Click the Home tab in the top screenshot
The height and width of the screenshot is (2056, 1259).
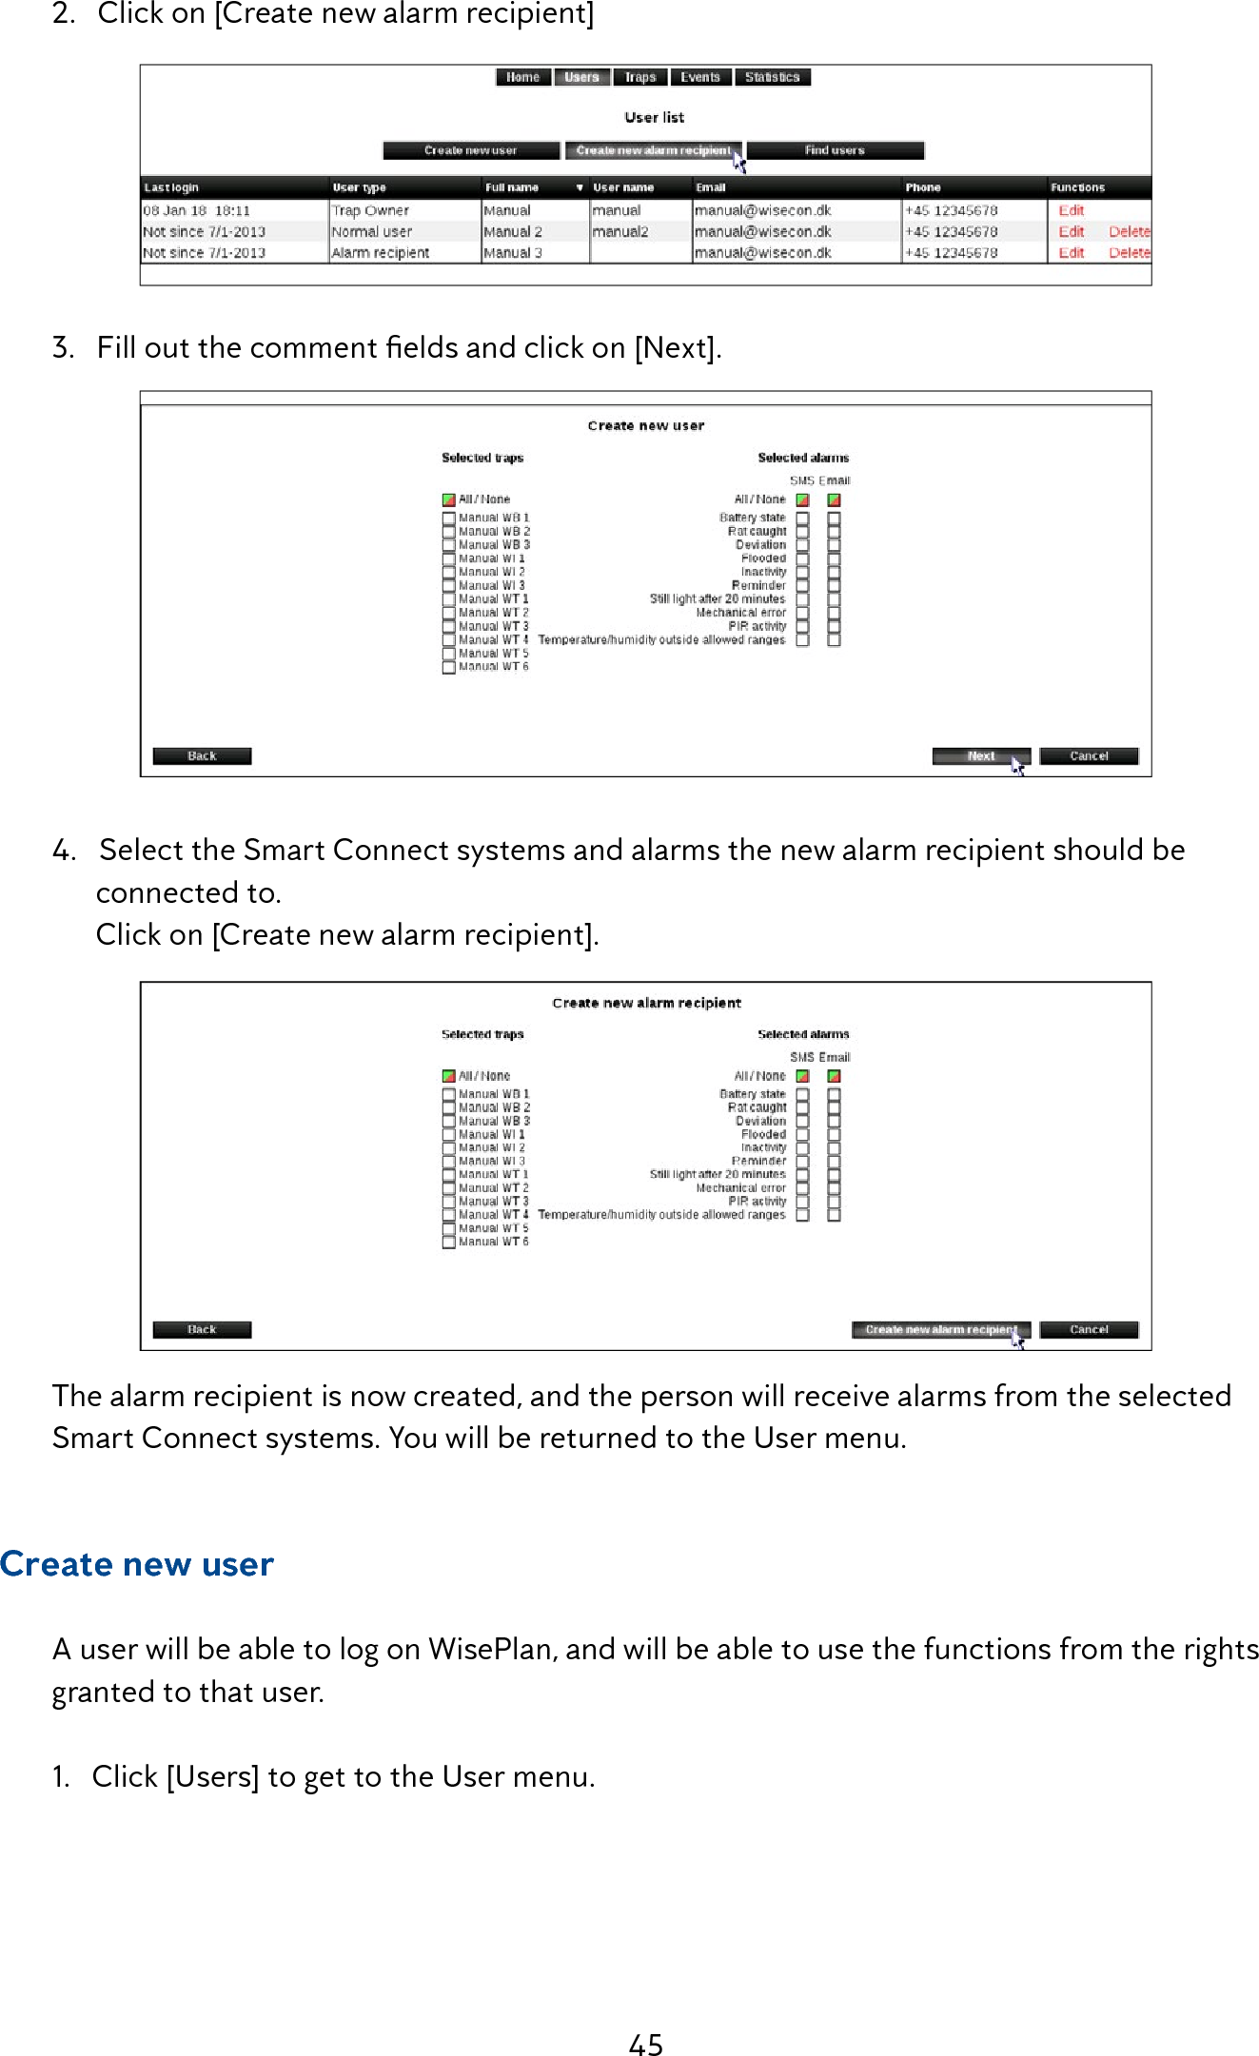522,77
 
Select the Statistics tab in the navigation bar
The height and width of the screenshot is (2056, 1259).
772,77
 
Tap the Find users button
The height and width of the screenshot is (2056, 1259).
835,150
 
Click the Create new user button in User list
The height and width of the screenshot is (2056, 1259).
470,150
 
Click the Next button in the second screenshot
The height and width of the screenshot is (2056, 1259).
980,756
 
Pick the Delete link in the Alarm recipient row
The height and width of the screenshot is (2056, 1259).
1129,253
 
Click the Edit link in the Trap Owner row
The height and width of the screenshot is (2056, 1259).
1071,210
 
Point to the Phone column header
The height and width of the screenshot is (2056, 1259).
923,187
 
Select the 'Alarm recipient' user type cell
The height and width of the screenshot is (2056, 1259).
381,253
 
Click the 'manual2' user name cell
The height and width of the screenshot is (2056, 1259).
620,232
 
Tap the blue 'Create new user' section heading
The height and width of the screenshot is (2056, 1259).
137,1564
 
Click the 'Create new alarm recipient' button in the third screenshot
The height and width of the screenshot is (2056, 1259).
940,1330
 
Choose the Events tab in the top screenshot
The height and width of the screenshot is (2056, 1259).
700,77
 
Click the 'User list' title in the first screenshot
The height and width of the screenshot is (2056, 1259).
654,117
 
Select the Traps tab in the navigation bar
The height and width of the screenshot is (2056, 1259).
640,77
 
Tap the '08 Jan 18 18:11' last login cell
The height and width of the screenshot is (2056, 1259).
197,210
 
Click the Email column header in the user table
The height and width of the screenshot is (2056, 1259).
711,187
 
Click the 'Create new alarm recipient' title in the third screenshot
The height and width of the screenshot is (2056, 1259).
646,1003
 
